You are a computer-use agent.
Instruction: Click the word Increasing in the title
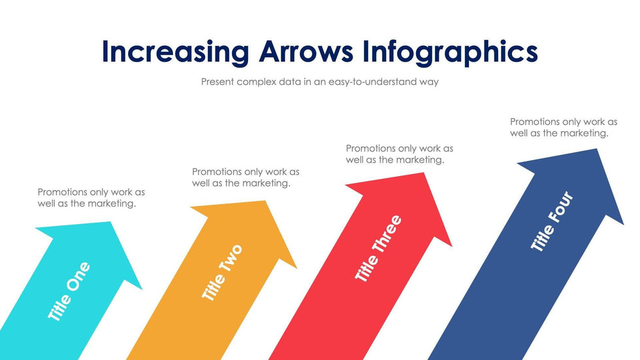click(x=176, y=52)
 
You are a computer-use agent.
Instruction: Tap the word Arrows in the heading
click(x=306, y=52)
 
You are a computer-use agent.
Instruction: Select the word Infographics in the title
click(x=450, y=52)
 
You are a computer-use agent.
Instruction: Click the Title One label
click(x=69, y=291)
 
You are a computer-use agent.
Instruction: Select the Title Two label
click(x=223, y=273)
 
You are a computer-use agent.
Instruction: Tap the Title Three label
click(x=378, y=248)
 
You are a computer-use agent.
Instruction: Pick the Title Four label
click(x=552, y=221)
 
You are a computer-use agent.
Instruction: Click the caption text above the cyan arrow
click(x=91, y=197)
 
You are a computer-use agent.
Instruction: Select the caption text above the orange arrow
click(x=246, y=177)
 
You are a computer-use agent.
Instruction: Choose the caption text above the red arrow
click(x=399, y=154)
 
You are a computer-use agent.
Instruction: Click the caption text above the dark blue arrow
click(x=563, y=127)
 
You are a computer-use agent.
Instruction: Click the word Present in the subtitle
click(x=217, y=82)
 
